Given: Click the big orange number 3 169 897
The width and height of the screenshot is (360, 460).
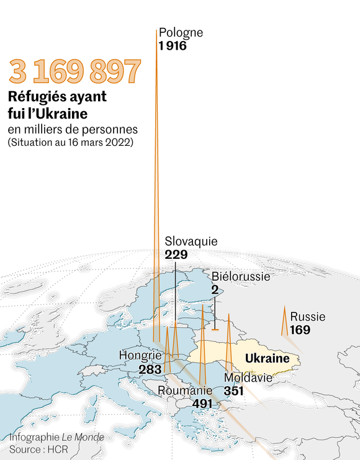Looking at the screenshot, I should pyautogui.click(x=74, y=73).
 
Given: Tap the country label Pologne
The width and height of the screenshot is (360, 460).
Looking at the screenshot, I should pyautogui.click(x=181, y=33).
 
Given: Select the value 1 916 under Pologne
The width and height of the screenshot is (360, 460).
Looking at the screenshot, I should pyautogui.click(x=173, y=46).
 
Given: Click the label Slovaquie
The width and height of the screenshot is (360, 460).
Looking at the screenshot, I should pyautogui.click(x=191, y=241).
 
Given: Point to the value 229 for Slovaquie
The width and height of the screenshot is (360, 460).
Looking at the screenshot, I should pyautogui.click(x=176, y=255).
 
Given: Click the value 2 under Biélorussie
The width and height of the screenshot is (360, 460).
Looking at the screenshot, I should pyautogui.click(x=215, y=289).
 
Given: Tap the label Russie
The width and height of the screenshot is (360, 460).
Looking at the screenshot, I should pyautogui.click(x=307, y=317).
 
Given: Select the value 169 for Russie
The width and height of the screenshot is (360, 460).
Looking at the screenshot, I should pyautogui.click(x=300, y=330).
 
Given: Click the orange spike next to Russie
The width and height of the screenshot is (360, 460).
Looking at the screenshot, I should pyautogui.click(x=284, y=323).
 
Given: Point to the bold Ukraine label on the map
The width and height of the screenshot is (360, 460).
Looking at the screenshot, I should pyautogui.click(x=268, y=359).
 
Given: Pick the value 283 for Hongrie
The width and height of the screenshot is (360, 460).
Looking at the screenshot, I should pyautogui.click(x=150, y=369).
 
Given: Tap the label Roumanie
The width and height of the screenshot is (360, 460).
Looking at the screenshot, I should pyautogui.click(x=185, y=390).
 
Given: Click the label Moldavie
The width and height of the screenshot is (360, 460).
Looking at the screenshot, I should pyautogui.click(x=248, y=377).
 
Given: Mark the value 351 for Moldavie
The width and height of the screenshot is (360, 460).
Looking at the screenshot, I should pyautogui.click(x=234, y=391).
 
